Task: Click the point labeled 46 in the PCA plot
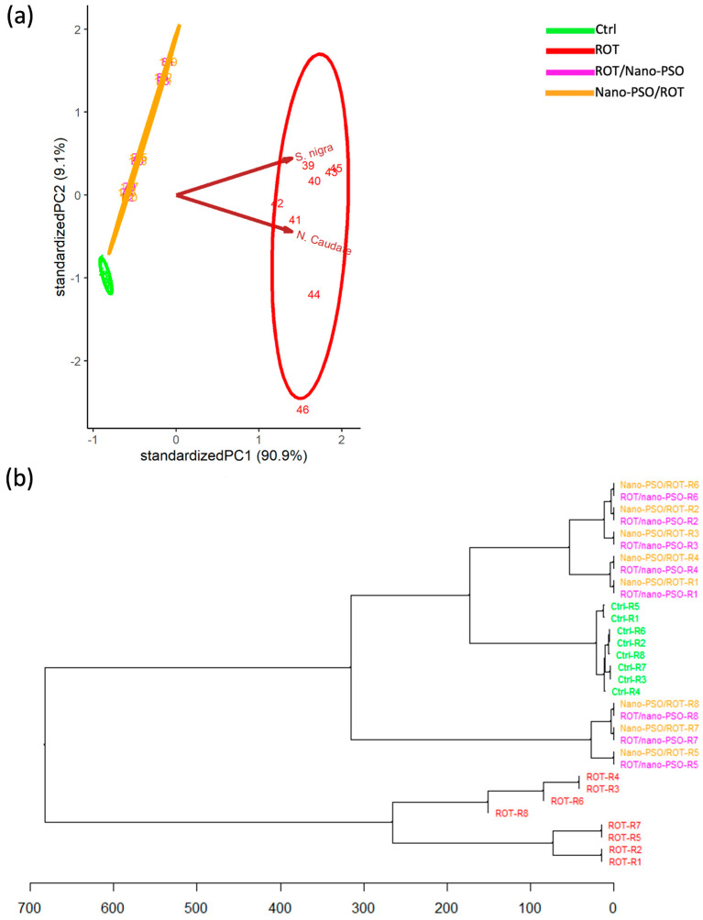pyautogui.click(x=302, y=410)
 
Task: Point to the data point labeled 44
pyautogui.click(x=313, y=295)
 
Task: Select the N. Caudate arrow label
pyautogui.click(x=324, y=243)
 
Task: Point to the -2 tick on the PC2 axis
pyautogui.click(x=77, y=361)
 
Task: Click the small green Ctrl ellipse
pyautogui.click(x=105, y=275)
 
